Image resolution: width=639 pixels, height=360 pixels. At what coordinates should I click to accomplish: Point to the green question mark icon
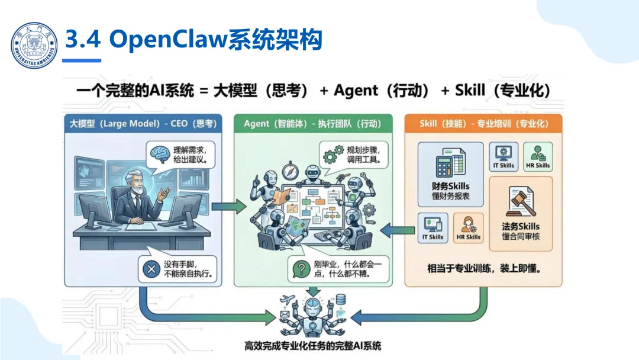click(x=302, y=270)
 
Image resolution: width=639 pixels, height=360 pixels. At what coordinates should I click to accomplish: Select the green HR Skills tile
click(x=538, y=157)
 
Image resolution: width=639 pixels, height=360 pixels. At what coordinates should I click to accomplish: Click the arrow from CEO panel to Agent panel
click(x=228, y=207)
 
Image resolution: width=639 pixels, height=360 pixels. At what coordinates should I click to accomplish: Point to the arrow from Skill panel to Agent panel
click(x=396, y=228)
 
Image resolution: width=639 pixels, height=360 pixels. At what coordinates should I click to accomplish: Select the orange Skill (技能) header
click(x=483, y=124)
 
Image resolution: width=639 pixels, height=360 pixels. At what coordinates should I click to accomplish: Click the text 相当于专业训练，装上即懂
click(x=485, y=268)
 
